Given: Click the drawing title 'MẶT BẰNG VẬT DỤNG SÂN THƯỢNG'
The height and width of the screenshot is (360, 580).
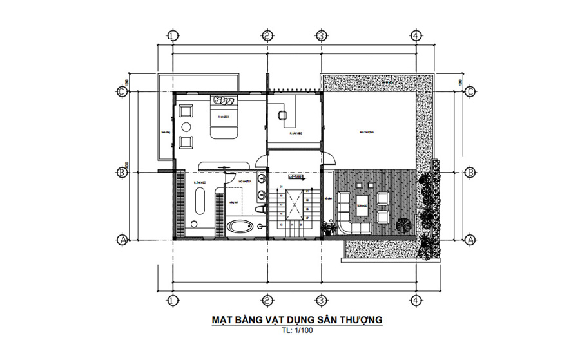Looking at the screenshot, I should (297, 319).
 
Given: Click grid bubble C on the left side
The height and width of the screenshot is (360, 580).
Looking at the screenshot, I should (121, 91).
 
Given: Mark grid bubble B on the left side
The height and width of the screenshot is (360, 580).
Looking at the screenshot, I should (121, 172).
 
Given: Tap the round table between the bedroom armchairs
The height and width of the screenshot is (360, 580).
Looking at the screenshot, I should (186, 126).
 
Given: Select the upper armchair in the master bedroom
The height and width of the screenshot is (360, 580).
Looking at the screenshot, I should (186, 110).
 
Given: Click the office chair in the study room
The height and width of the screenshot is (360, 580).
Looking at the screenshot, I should (281, 115).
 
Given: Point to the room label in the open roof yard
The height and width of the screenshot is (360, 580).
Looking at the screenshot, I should (367, 133).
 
